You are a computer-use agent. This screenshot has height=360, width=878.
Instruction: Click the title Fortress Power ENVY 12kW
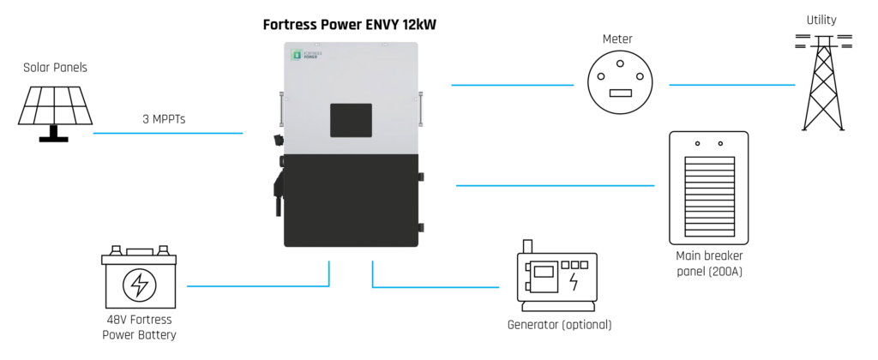(x=349, y=25)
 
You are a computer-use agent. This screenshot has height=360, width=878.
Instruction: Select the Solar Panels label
(x=55, y=67)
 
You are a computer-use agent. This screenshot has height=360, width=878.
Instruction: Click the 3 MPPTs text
(x=164, y=119)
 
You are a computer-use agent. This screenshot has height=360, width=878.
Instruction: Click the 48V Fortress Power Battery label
(x=139, y=328)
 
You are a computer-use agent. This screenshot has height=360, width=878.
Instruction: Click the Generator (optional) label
(x=559, y=325)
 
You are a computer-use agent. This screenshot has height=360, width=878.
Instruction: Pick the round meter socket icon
(x=621, y=83)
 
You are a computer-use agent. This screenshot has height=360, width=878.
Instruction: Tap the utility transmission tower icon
(x=821, y=81)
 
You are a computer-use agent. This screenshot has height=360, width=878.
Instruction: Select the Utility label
(x=821, y=19)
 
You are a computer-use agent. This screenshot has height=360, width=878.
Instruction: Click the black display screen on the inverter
(x=351, y=120)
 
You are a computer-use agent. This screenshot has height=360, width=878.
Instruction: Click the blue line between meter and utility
(x=731, y=85)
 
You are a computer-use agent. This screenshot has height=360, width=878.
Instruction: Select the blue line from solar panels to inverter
(x=167, y=134)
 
